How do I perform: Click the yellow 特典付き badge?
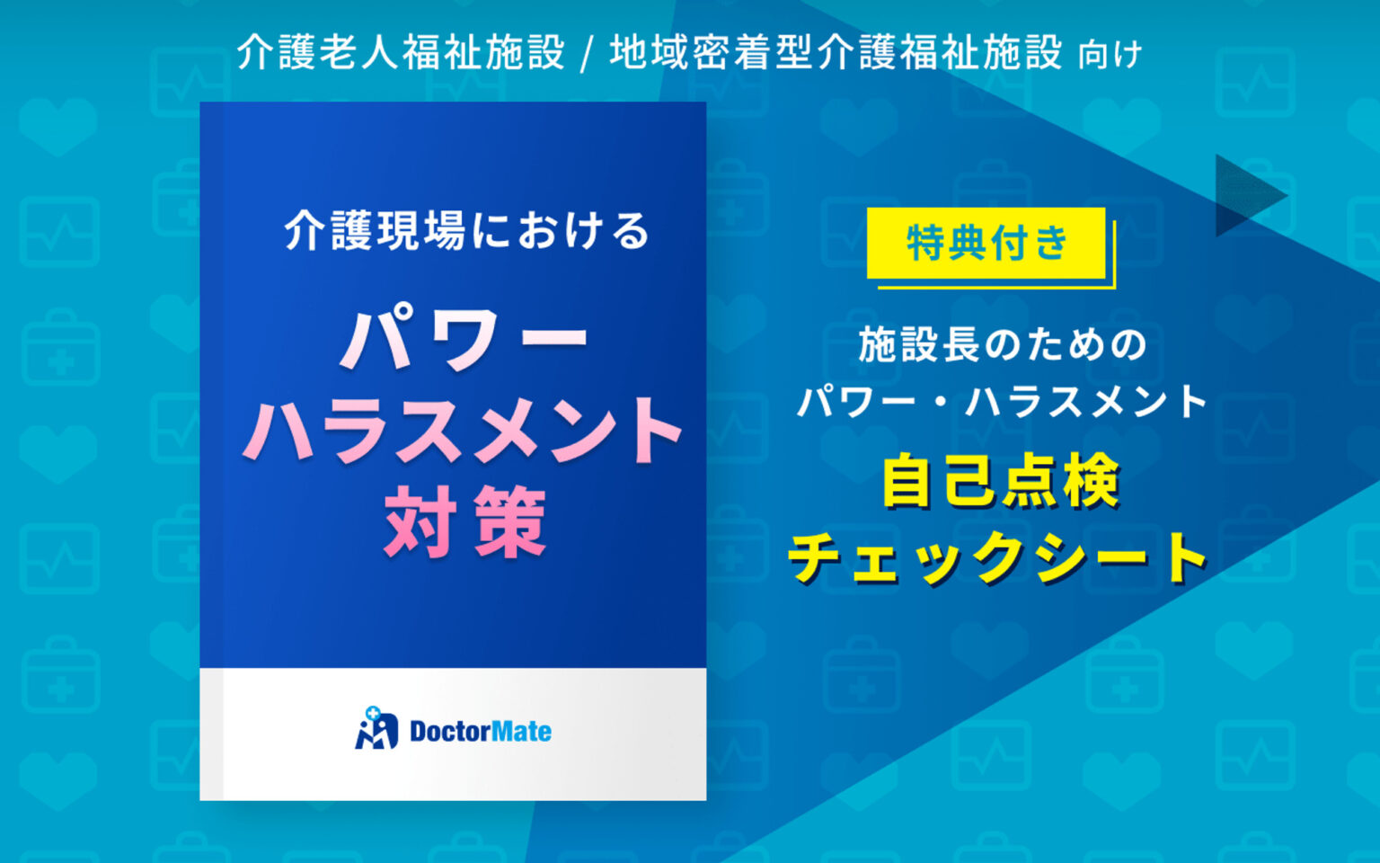click(x=986, y=243)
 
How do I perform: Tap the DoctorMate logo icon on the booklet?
click(x=376, y=729)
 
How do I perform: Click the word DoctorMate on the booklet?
click(x=480, y=731)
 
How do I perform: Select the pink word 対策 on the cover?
click(x=464, y=522)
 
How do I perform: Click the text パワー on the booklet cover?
click(x=464, y=339)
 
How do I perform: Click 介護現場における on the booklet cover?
click(x=466, y=231)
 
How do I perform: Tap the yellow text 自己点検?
click(x=1000, y=482)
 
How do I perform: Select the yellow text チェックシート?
click(x=998, y=557)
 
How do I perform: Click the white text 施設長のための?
click(x=1002, y=345)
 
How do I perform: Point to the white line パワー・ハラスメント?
click(x=1002, y=401)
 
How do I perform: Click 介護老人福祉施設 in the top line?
click(x=401, y=52)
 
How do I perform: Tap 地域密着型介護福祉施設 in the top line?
click(x=836, y=52)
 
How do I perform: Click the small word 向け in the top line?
click(x=1110, y=55)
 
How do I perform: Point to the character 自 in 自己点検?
click(x=908, y=482)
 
